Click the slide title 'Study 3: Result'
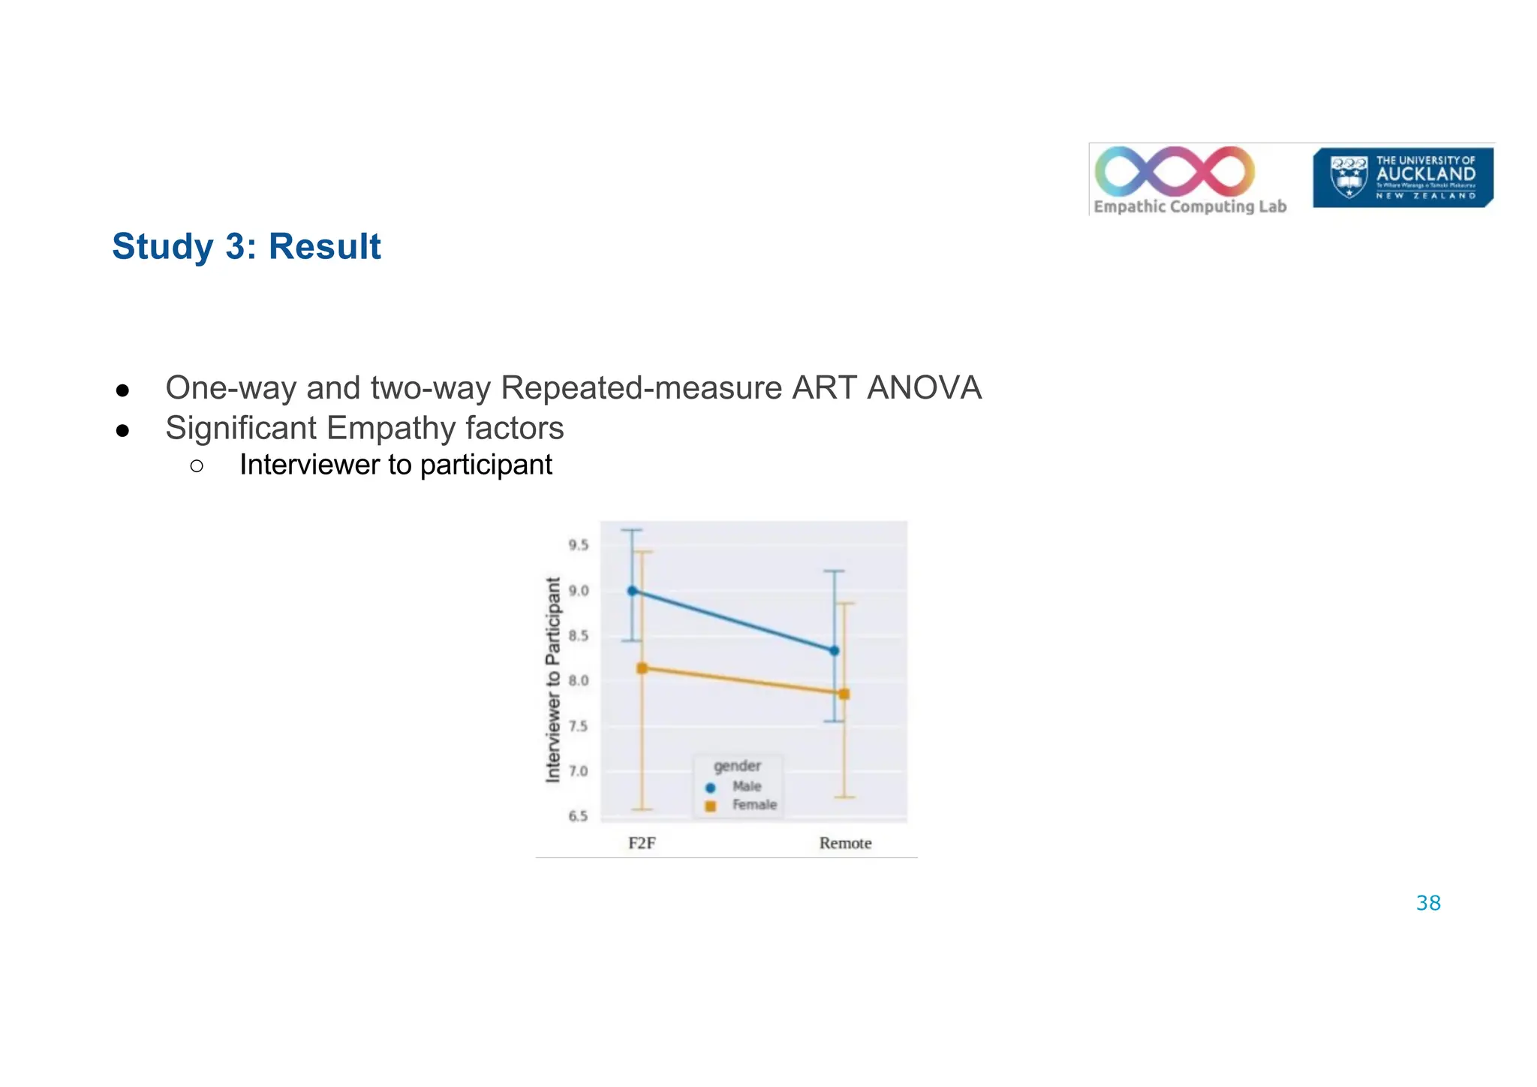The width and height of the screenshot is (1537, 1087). click(246, 247)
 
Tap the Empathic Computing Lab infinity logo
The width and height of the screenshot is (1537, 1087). click(1175, 171)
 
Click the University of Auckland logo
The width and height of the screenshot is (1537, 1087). click(1402, 178)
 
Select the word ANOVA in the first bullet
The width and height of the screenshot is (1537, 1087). click(924, 388)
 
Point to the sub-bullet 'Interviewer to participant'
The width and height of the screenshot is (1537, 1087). click(396, 465)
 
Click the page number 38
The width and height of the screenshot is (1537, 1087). click(1427, 903)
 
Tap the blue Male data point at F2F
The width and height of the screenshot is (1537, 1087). click(632, 591)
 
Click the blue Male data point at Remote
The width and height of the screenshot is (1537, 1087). click(834, 651)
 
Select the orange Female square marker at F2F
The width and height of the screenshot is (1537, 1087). click(642, 668)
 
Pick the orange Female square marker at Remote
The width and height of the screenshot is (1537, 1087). click(844, 694)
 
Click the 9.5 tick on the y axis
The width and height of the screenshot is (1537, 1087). click(578, 545)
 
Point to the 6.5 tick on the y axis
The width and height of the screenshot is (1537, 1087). click(578, 816)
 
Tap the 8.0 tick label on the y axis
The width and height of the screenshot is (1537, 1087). click(578, 681)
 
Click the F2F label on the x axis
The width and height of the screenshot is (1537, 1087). click(642, 843)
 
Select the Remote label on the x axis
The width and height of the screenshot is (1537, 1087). click(845, 843)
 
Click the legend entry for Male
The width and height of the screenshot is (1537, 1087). click(745, 787)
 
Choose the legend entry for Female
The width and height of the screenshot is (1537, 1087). click(753, 805)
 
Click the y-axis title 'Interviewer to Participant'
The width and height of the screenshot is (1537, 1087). click(553, 679)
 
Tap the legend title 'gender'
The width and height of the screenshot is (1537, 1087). click(737, 766)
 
